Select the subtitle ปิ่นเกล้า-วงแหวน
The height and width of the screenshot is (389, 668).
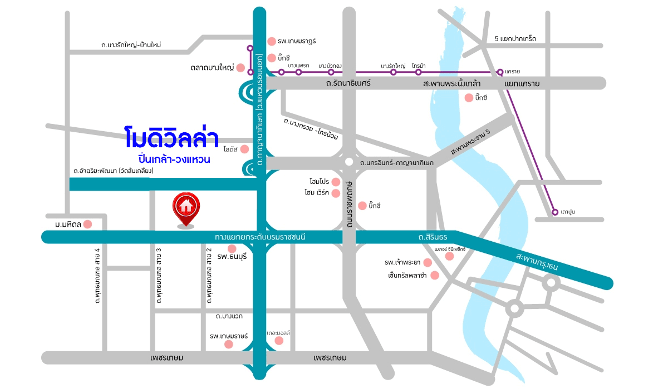(x=170, y=158)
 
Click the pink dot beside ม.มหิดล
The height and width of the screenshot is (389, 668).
(x=87, y=224)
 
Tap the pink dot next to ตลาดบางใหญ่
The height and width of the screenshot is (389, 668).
(x=240, y=68)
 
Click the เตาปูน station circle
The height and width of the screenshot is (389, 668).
(x=554, y=212)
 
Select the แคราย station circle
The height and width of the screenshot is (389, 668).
(x=500, y=72)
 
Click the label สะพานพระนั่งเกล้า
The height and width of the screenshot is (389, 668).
(x=452, y=83)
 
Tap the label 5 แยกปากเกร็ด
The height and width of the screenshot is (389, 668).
(x=515, y=39)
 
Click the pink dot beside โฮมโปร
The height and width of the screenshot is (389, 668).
(x=336, y=182)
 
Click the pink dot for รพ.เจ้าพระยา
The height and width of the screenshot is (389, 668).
(x=427, y=262)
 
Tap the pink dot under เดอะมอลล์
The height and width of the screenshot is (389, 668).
(x=279, y=341)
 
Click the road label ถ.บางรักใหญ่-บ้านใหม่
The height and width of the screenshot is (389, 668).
(x=131, y=44)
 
